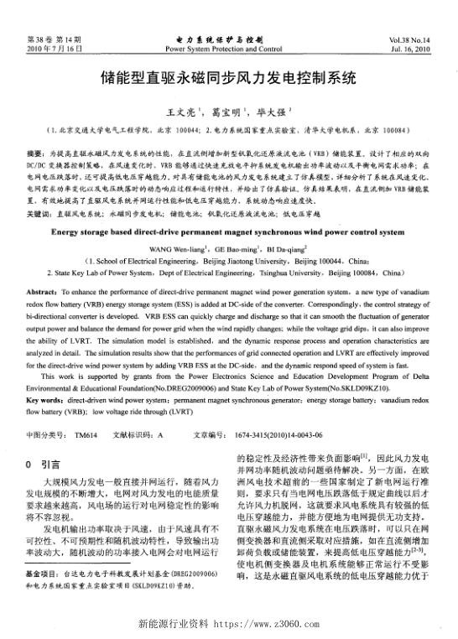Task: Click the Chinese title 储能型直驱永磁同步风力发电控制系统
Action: [x=229, y=81]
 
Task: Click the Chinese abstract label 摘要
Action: [x=36, y=156]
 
